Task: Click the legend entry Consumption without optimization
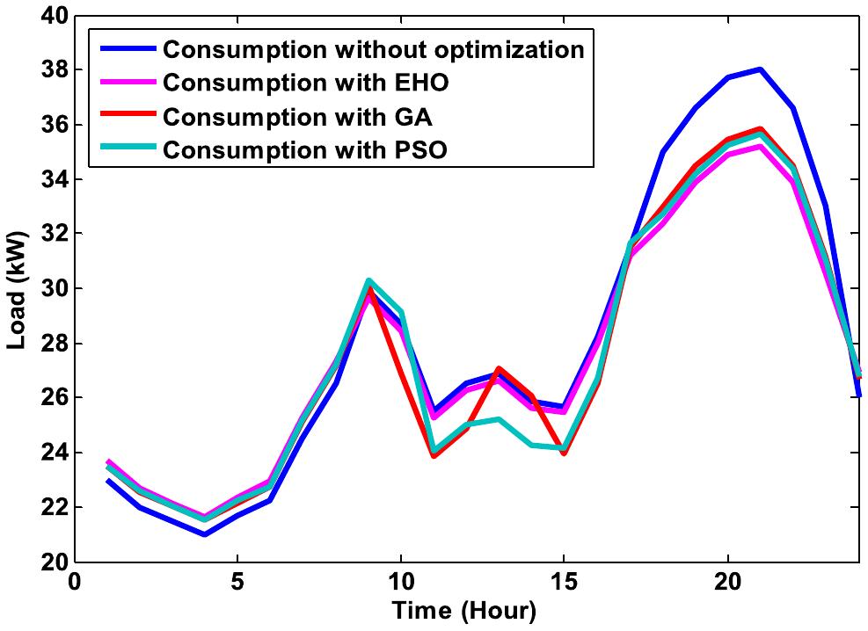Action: point(373,49)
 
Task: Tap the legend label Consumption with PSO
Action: point(305,150)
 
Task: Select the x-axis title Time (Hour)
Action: point(464,610)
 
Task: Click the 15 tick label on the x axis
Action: point(564,582)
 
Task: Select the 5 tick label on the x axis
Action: point(237,582)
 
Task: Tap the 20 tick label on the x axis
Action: point(727,582)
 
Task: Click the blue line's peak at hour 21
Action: point(760,69)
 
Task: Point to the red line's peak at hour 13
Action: point(498,368)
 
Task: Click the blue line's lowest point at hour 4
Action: point(204,534)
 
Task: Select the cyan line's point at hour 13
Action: point(498,419)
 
